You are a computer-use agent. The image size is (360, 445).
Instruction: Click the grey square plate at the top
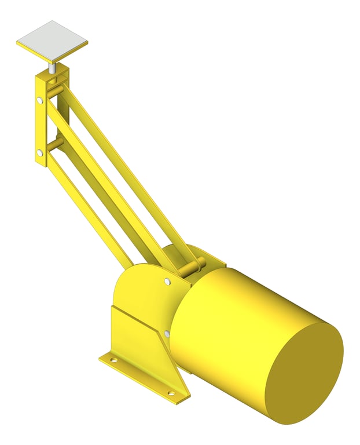[x=52, y=41]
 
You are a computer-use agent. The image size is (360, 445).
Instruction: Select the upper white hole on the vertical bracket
[x=39, y=101]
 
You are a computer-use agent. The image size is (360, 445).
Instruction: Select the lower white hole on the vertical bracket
[x=39, y=153]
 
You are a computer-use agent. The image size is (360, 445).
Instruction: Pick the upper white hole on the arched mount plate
[x=167, y=282]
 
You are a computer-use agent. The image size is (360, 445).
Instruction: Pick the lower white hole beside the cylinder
[x=167, y=334]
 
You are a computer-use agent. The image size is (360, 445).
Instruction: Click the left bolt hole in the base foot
[x=113, y=360]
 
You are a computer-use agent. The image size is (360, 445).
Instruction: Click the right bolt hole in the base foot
[x=171, y=393]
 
